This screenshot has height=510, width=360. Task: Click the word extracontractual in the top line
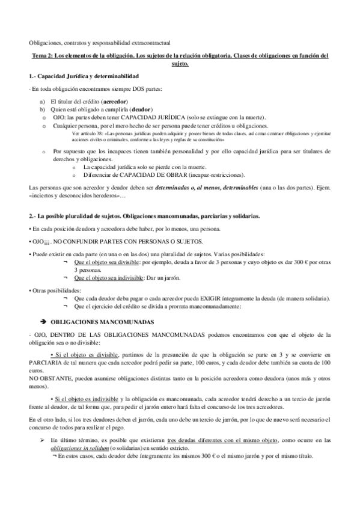[x=150, y=43]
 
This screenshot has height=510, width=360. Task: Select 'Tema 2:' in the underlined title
[x=43, y=56]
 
